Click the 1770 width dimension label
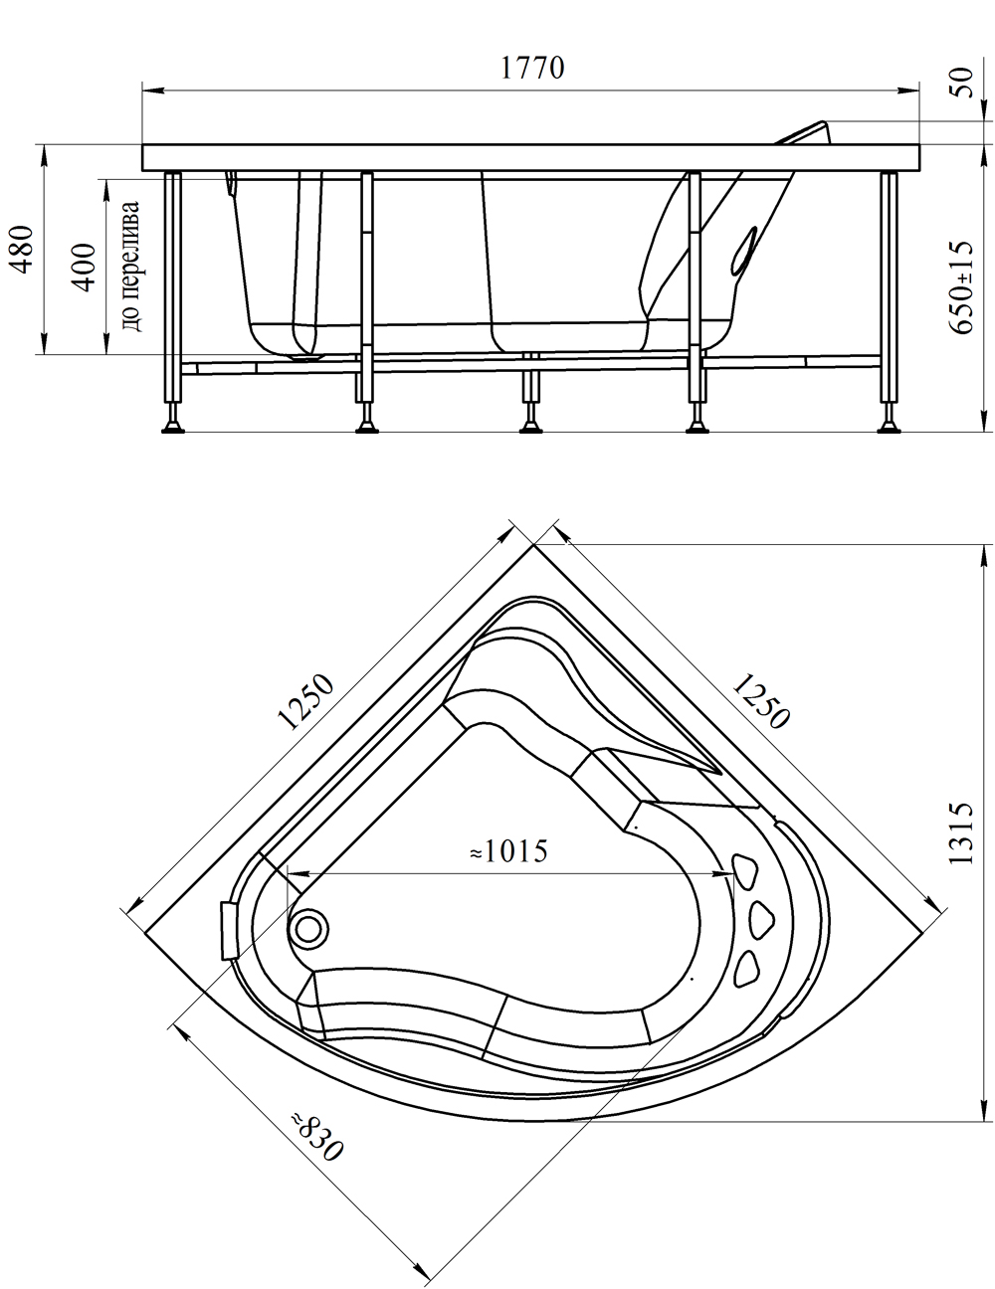532,68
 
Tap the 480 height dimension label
23,249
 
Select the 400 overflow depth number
85,267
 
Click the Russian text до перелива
130,267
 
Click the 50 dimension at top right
962,83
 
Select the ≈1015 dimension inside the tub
507,852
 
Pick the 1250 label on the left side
306,702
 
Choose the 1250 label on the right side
761,700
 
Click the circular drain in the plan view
307,929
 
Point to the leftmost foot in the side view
173,426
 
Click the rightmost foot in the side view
889,426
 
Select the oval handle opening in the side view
744,249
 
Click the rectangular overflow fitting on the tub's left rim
229,930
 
